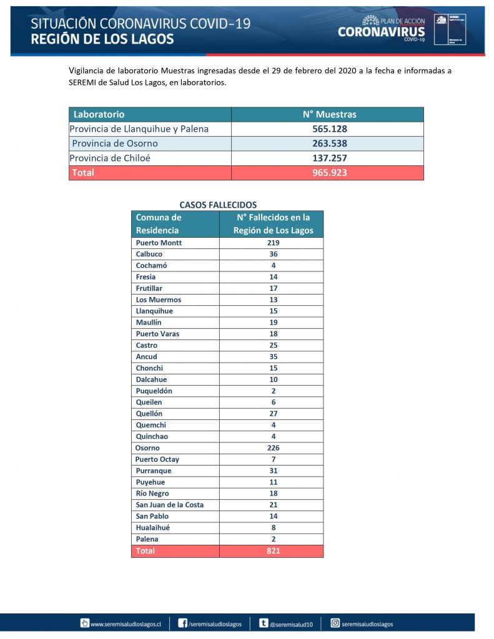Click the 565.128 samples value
[329, 129]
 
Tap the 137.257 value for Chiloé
[329, 159]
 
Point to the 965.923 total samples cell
[329, 173]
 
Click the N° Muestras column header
[329, 115]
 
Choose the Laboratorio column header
[99, 115]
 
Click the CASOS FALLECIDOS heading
[218, 205]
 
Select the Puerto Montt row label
[159, 243]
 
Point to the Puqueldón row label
[154, 391]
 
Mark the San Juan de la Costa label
[169, 505]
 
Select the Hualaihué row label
[152, 527]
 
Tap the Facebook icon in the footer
[183, 623]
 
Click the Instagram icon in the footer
[335, 623]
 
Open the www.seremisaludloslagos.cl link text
[126, 623]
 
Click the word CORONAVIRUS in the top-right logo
[381, 32]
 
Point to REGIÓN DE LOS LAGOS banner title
[102, 39]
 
